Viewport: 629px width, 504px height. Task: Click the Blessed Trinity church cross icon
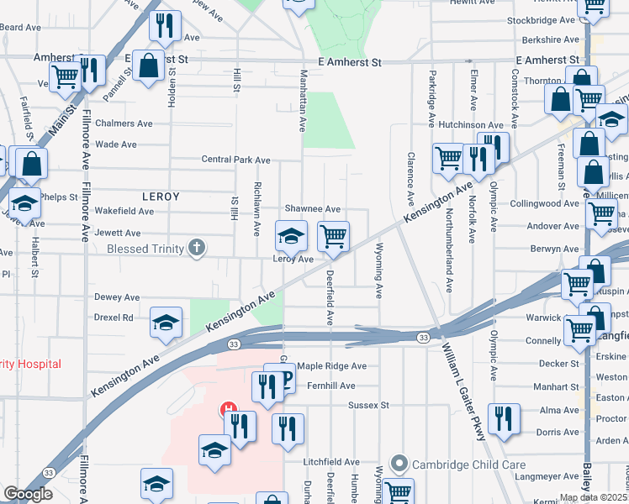[x=197, y=247]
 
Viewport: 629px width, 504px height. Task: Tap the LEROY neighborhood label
[x=161, y=196]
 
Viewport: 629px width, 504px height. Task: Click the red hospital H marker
[x=227, y=411]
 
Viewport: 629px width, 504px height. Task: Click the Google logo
[x=28, y=494]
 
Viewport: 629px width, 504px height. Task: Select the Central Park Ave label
[x=236, y=160]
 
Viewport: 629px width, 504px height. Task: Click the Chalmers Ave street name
[x=124, y=123]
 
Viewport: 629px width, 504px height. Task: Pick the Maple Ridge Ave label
[x=332, y=366]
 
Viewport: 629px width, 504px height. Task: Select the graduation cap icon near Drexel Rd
[x=166, y=322]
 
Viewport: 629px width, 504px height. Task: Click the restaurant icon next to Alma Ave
[x=504, y=418]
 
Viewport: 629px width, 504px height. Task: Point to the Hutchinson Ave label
[x=469, y=124]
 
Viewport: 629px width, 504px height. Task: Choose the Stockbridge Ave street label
[x=542, y=20]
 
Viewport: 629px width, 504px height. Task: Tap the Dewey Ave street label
[x=117, y=297]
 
